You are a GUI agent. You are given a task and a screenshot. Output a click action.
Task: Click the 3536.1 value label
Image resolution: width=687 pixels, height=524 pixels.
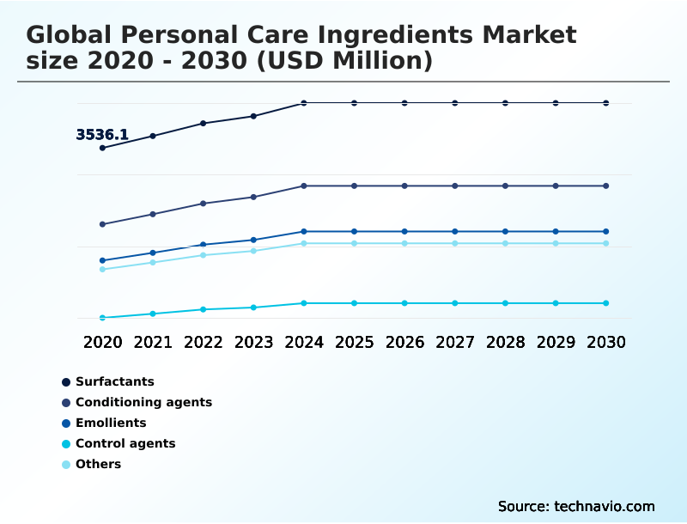pos(102,135)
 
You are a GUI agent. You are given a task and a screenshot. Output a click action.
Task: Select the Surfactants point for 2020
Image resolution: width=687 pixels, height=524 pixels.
pos(103,148)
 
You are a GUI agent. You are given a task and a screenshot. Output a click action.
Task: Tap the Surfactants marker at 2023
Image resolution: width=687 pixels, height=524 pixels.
pos(253,116)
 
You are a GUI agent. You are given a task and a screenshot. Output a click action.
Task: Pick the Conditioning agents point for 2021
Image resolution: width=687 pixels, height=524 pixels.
pos(153,214)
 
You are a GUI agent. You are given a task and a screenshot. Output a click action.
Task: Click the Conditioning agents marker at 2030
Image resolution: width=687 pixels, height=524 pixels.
pos(606,186)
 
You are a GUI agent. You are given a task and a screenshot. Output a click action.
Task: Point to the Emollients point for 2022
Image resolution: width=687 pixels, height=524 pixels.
pos(204,245)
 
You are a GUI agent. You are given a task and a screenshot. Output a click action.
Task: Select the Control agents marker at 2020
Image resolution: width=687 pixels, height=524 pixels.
pos(103,318)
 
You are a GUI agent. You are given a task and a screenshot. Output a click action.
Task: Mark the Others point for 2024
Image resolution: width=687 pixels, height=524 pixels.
pos(304,243)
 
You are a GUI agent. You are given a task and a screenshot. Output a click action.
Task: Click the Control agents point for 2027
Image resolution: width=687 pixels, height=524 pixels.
pos(455,303)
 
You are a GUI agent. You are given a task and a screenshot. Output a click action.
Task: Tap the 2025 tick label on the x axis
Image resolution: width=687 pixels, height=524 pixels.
pos(354,342)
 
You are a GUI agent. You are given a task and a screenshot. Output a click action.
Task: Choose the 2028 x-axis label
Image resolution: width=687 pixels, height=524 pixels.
pos(505,342)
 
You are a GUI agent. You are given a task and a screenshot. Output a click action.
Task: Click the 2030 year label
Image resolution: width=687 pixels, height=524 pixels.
pos(606,342)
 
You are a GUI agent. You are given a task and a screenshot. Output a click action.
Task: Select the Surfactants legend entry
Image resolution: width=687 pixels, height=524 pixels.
pos(114,381)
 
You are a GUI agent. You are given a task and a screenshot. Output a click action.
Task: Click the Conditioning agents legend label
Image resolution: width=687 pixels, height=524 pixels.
pos(143,402)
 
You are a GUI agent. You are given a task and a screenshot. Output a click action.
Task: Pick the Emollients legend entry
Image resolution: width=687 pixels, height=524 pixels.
pos(111,423)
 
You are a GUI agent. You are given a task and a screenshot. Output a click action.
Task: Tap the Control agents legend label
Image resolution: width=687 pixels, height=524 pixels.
pos(125,443)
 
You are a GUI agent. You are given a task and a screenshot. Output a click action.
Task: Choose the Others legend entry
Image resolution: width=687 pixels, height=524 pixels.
pos(98,464)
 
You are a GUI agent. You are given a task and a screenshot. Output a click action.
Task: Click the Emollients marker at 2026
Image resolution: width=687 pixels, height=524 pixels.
pos(404,231)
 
